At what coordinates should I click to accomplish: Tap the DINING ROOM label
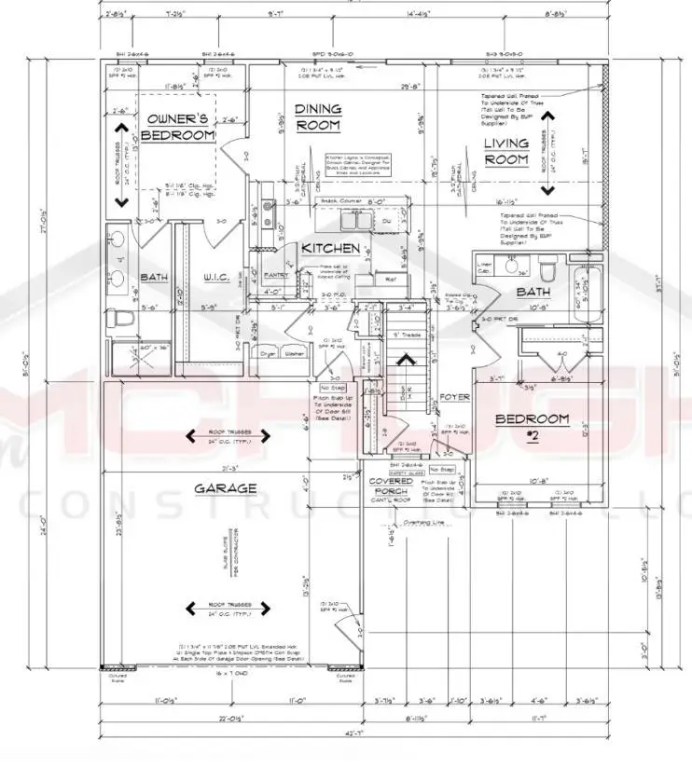pos(317,116)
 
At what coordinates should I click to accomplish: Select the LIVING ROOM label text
pos(505,151)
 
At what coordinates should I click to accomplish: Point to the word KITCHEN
pos(330,249)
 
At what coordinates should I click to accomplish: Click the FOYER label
pos(454,395)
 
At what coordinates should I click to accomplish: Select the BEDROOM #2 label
pos(531,425)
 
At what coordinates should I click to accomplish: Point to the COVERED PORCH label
pos(390,486)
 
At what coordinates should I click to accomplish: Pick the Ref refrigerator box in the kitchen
pos(390,278)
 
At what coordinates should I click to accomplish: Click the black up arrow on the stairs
pos(406,359)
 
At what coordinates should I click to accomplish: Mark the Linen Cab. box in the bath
pos(483,267)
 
